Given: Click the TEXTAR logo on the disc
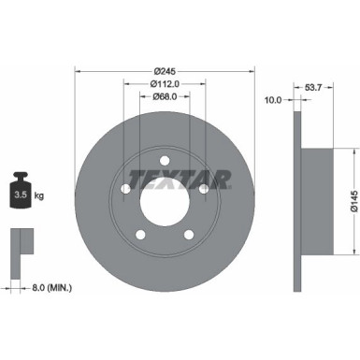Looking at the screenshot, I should click(165, 176).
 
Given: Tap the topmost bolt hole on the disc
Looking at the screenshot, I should click(165, 156).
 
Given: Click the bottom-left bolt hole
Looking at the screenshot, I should click(140, 233).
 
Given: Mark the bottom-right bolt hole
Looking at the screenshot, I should click(190, 233).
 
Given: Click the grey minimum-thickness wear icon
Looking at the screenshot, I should click(21, 244).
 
